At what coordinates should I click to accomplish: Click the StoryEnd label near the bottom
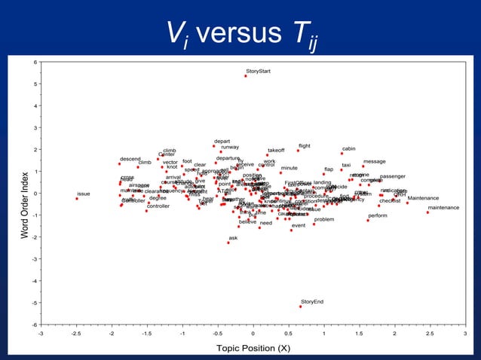point(312,301)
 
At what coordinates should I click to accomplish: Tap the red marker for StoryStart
point(246,76)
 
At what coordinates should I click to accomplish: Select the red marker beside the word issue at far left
point(77,199)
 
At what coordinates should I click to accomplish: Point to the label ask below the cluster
point(233,238)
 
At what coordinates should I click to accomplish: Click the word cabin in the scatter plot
point(348,148)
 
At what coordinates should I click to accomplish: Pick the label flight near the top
point(305,145)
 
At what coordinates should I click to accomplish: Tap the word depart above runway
point(222,141)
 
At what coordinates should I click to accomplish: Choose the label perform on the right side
point(378,215)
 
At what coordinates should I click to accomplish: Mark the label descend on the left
point(130,159)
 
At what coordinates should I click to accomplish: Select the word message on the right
point(375,161)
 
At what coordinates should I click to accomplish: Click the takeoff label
point(276,151)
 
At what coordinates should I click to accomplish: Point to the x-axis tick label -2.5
point(76,334)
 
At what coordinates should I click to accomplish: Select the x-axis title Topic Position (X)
point(253,348)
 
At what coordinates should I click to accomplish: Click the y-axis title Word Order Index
point(25,194)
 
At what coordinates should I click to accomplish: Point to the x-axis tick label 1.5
point(359,334)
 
